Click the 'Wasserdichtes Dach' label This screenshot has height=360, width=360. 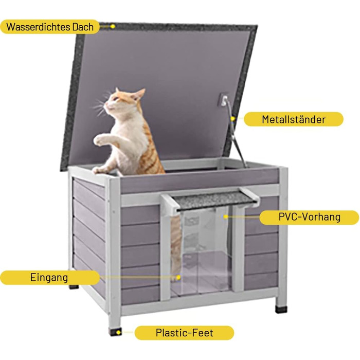[50, 27]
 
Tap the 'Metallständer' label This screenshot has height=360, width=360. [294, 119]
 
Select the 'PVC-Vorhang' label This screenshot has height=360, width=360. [309, 217]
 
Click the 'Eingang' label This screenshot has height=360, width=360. [49, 277]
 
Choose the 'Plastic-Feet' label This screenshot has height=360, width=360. [184, 333]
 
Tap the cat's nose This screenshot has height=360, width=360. [105, 105]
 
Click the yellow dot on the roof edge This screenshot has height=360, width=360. [113, 26]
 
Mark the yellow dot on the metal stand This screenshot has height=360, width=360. [232, 119]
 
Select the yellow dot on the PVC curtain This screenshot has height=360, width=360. [226, 217]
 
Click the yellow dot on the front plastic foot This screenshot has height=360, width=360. [118, 332]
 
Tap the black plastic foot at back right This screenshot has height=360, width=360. [281, 309]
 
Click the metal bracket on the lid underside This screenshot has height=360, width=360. [223, 99]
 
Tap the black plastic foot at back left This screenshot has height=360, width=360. [74, 286]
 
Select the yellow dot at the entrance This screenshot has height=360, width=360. [178, 278]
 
